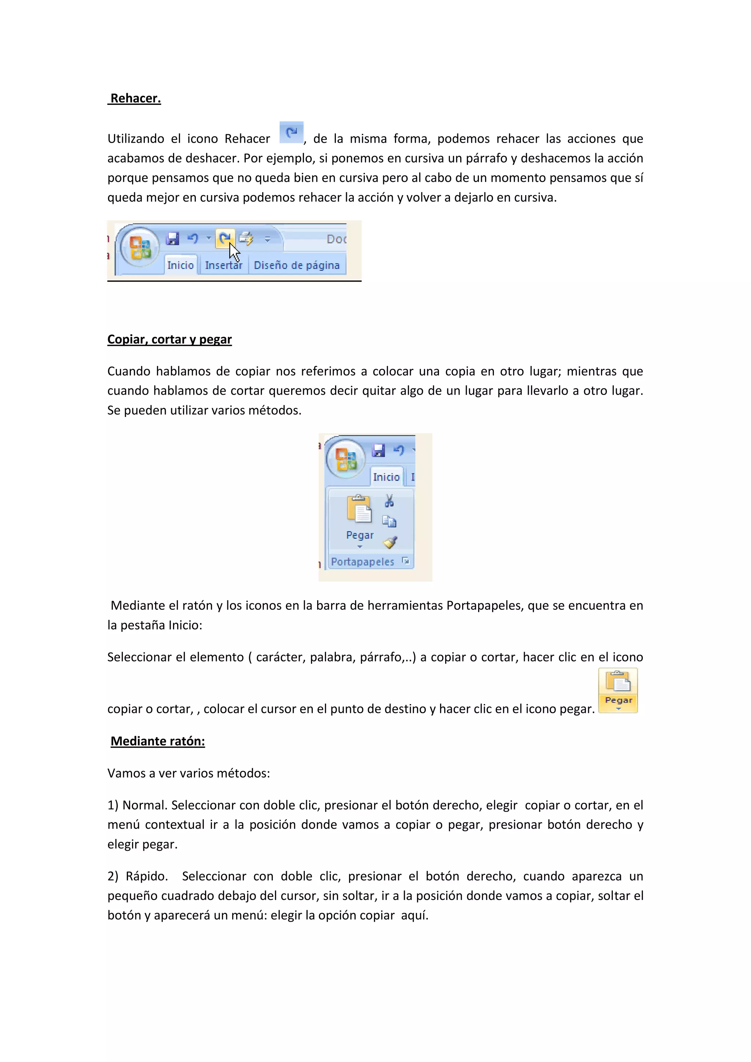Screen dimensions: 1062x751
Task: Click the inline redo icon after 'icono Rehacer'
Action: tap(291, 133)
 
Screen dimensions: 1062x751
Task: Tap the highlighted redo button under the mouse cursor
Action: tap(225, 239)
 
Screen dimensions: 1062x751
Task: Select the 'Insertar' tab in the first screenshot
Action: tap(223, 265)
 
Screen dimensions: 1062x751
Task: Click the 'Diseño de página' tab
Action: tap(296, 265)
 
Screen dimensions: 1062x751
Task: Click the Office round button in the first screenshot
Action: tap(139, 248)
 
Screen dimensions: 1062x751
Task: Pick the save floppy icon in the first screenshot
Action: tap(172, 239)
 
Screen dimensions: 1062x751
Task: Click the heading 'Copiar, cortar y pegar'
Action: tap(169, 339)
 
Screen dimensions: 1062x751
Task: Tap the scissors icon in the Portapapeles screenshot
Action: tap(389, 501)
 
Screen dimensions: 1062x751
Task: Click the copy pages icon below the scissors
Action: tap(389, 522)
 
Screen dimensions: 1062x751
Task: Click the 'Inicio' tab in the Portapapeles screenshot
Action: tap(386, 477)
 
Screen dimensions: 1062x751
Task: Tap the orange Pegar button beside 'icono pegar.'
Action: tap(618, 690)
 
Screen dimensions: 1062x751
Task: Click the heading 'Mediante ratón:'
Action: tap(157, 741)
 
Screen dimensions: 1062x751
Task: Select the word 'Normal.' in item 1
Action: tap(145, 805)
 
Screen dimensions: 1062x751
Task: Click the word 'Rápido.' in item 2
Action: tap(146, 876)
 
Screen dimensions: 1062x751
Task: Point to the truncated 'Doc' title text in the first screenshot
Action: tap(336, 239)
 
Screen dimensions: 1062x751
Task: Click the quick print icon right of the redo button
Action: tap(246, 239)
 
